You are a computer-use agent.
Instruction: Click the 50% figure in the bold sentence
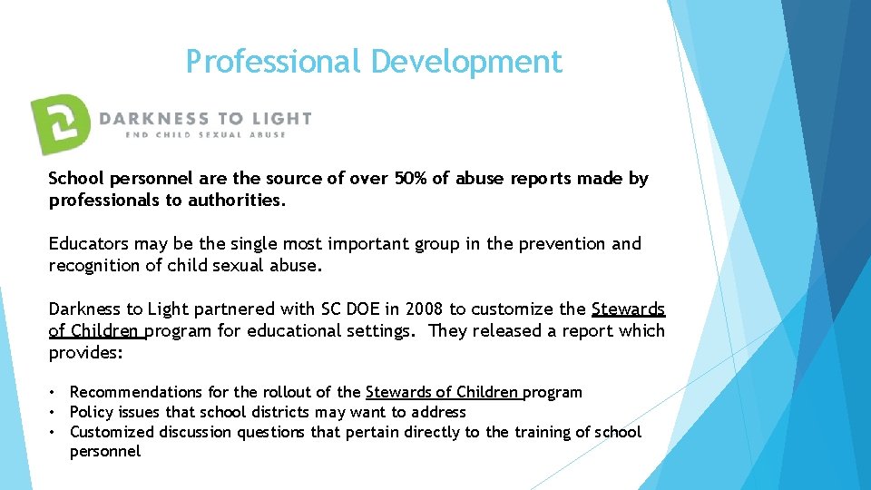414,179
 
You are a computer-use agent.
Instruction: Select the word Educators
87,244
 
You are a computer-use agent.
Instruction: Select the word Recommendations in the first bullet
136,392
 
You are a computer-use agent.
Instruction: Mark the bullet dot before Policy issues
54,412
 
